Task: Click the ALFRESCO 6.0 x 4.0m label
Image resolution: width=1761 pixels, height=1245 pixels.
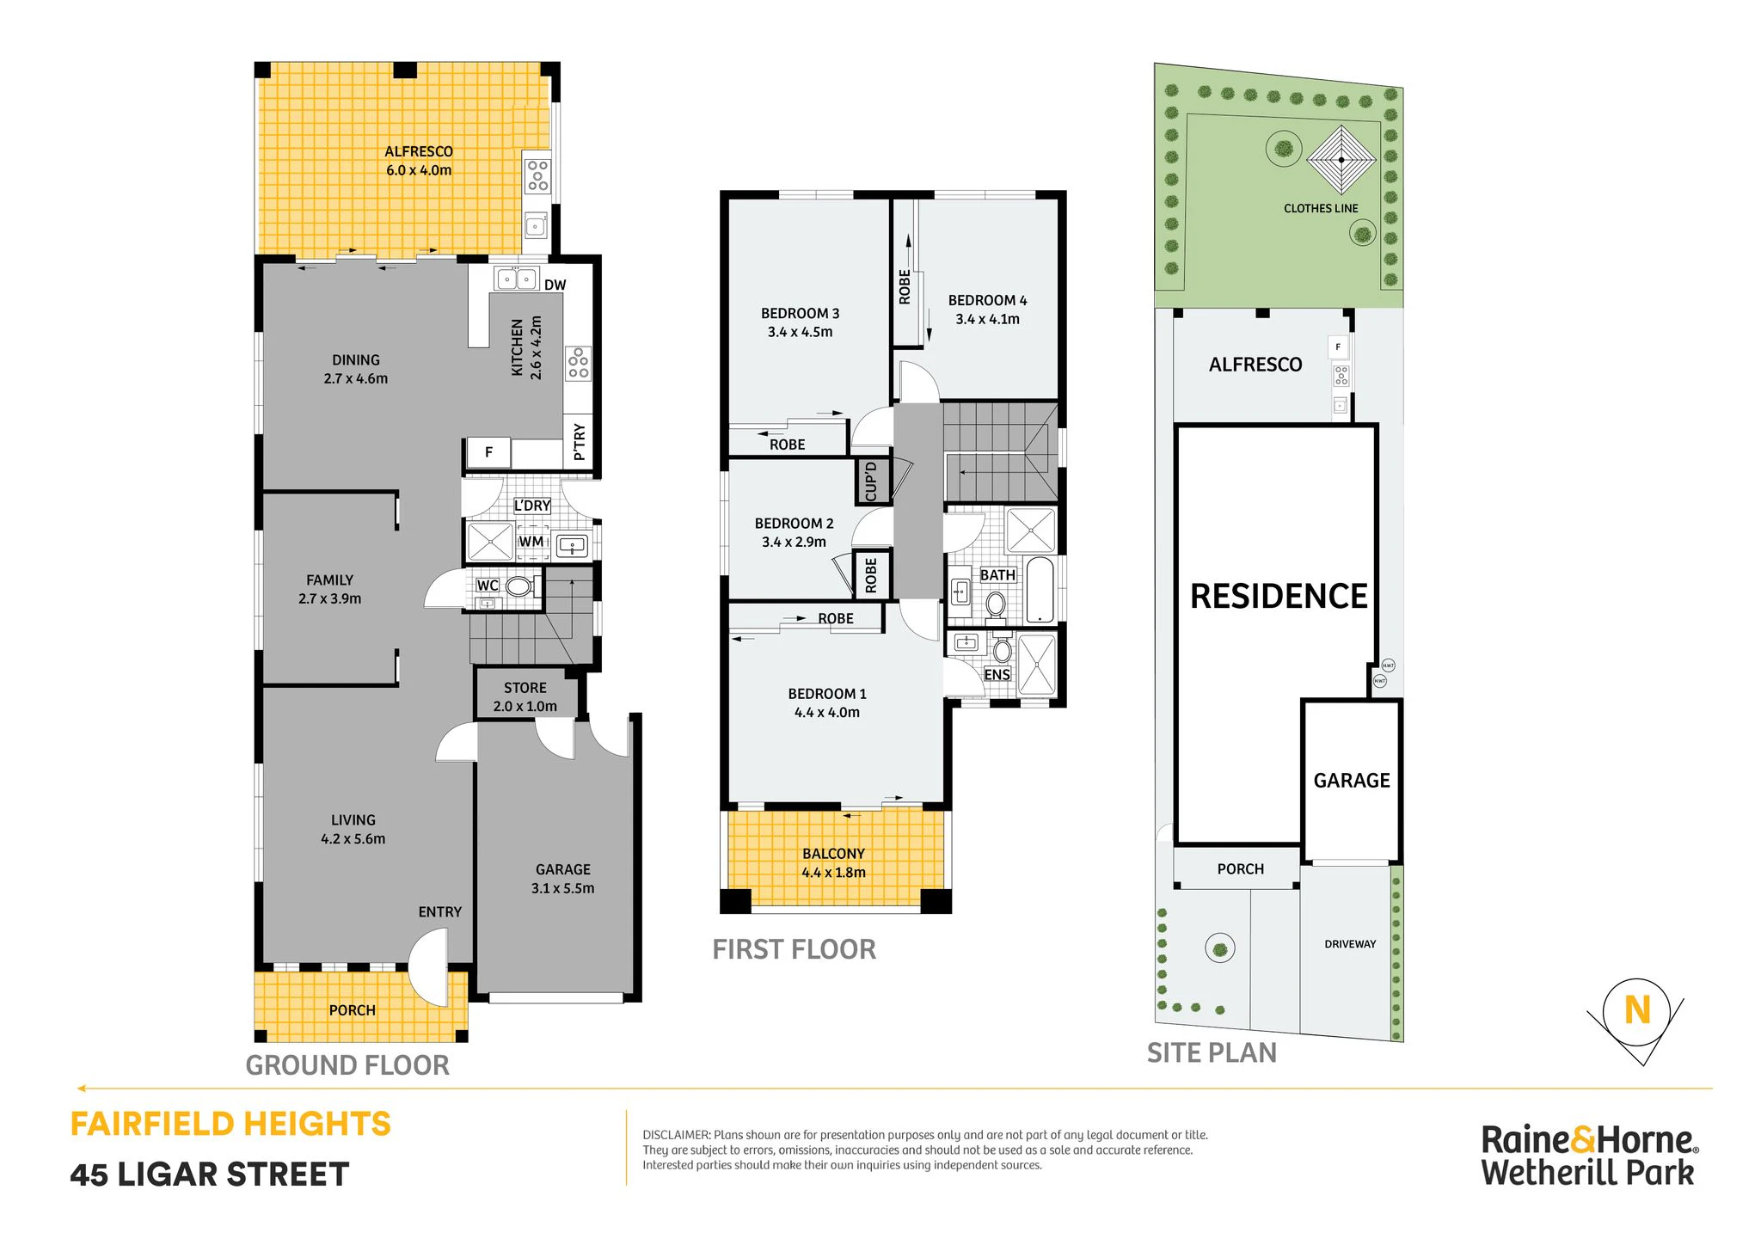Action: (x=419, y=161)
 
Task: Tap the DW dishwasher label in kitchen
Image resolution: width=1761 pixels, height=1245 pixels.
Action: (x=555, y=285)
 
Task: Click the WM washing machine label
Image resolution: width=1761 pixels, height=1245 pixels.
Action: (x=531, y=542)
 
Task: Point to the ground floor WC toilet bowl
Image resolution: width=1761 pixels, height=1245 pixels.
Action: (x=518, y=586)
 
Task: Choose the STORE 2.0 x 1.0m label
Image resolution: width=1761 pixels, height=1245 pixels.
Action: (x=525, y=697)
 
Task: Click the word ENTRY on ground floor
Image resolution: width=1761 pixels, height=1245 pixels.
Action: (x=440, y=912)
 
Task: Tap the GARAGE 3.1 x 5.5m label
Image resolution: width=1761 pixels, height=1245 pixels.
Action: (x=563, y=879)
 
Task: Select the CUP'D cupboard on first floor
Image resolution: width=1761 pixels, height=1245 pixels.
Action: (x=871, y=481)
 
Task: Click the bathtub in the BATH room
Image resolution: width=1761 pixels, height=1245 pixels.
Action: (x=1040, y=590)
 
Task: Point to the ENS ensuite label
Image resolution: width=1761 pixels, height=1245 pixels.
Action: (x=997, y=675)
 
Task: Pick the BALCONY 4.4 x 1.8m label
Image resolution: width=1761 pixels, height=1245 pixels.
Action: (x=834, y=863)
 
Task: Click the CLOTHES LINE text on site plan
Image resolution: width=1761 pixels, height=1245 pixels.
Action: (x=1321, y=209)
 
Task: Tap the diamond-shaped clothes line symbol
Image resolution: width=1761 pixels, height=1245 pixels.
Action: (x=1341, y=160)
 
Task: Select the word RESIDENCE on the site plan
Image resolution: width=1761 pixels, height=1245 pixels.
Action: (x=1279, y=597)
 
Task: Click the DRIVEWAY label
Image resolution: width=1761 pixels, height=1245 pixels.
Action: (x=1350, y=944)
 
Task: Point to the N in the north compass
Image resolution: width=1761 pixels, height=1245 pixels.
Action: (x=1637, y=1010)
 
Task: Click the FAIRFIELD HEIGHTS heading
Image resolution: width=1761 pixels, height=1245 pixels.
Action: (x=230, y=1125)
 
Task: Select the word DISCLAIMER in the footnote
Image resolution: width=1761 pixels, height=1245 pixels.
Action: (x=677, y=1135)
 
